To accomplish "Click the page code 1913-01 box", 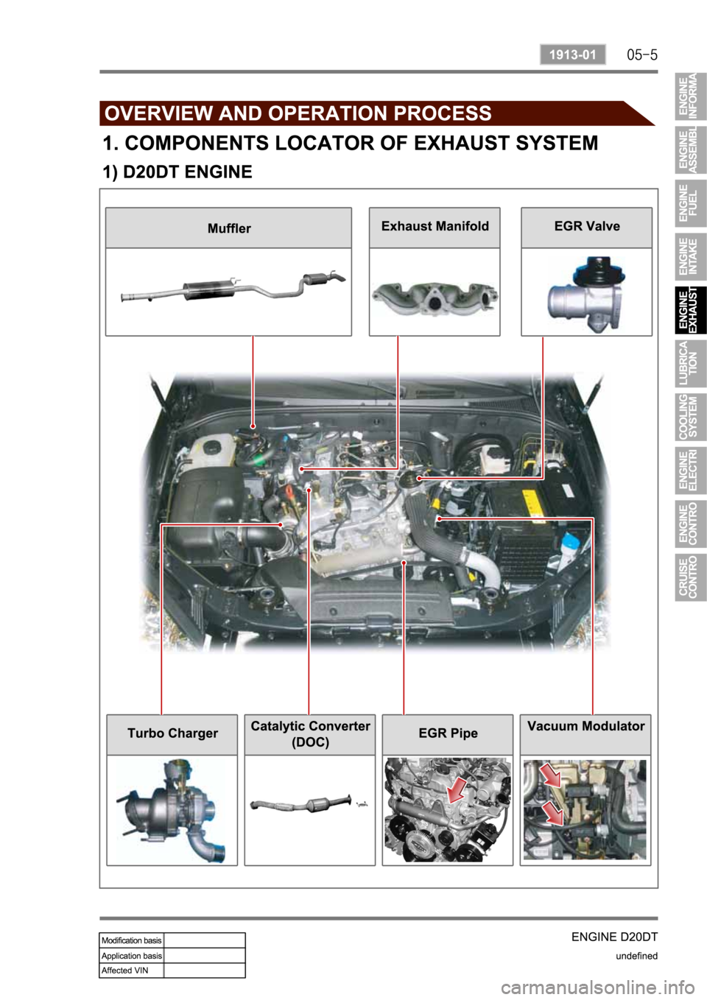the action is (573, 54).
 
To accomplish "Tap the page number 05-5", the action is (642, 55).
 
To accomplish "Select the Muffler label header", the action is (229, 228).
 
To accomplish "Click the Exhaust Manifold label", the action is (435, 226).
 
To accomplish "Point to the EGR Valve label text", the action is (587, 226).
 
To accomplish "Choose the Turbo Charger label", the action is (173, 733).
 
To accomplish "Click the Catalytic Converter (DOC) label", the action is (310, 734).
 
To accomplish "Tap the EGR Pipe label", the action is (448, 733).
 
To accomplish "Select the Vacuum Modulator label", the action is (586, 726).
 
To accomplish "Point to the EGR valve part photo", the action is (586, 294).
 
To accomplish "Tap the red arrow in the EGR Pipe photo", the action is (457, 789).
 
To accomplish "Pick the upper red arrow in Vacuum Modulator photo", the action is (551, 775).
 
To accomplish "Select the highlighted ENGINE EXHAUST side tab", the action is (691, 310).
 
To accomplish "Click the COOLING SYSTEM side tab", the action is (691, 417).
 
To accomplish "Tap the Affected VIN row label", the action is (125, 970).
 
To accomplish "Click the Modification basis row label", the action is (132, 940).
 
